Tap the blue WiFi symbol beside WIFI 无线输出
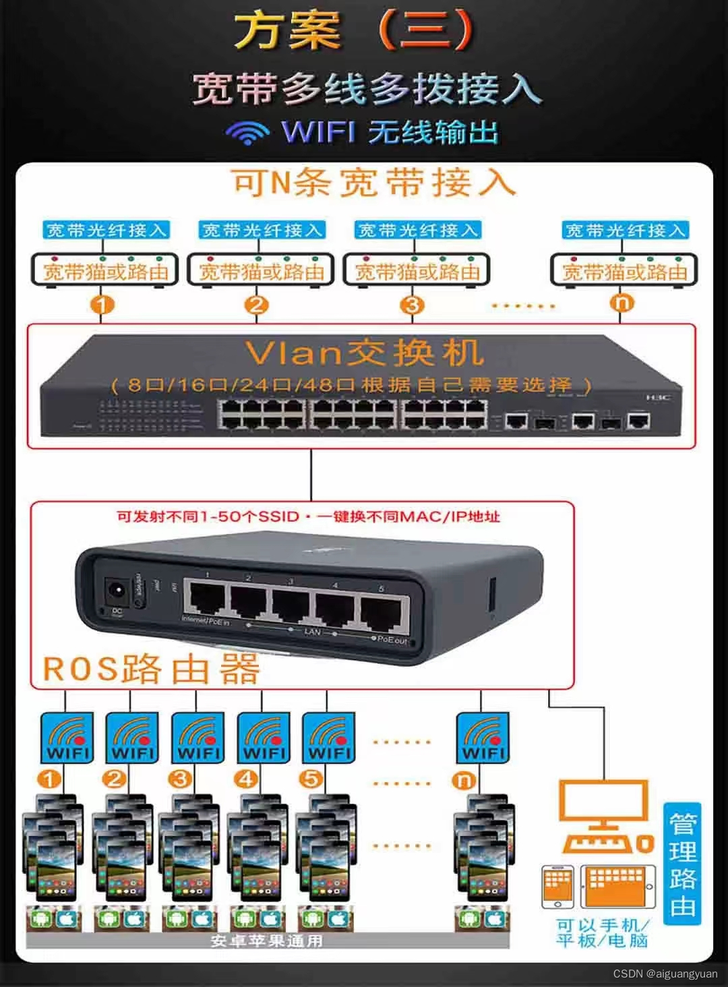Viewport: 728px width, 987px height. [247, 131]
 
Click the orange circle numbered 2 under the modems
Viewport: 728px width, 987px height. [257, 305]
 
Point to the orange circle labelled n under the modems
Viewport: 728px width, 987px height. [622, 304]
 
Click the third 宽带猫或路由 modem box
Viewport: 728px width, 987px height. [417, 271]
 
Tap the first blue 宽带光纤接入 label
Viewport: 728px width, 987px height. [105, 230]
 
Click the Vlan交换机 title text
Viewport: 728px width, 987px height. [364, 353]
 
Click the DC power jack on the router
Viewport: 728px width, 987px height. [115, 594]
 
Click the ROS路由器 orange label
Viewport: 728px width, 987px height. [151, 669]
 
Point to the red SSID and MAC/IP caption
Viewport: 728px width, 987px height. [308, 517]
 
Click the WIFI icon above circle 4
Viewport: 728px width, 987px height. [264, 738]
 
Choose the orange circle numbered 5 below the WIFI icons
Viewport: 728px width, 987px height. [311, 779]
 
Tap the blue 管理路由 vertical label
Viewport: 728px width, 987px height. [682, 864]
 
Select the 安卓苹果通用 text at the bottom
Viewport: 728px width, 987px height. [266, 940]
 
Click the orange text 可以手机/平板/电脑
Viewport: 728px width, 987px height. [602, 934]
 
